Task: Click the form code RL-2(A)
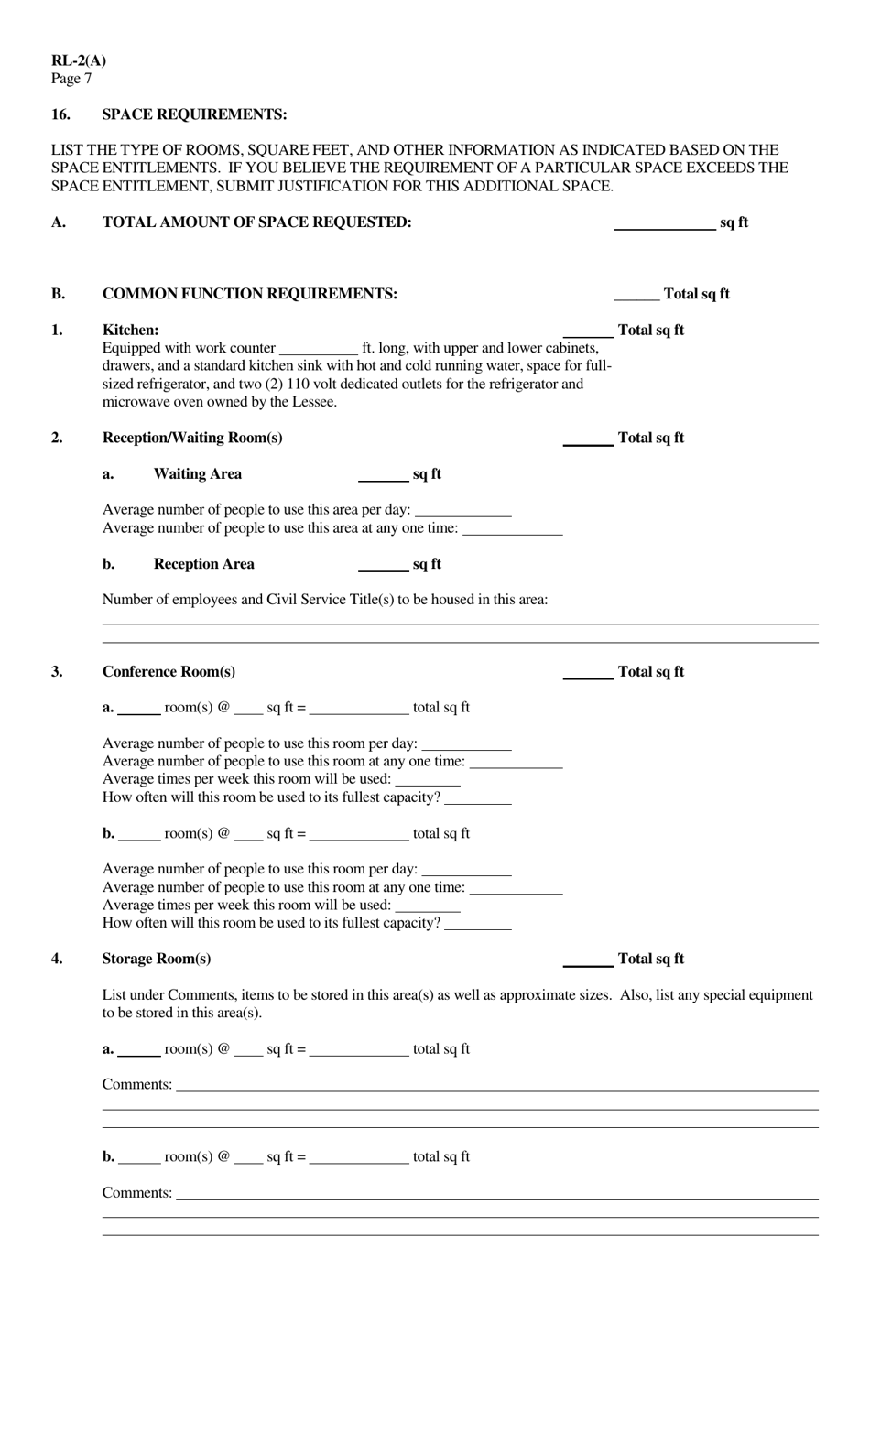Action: point(79,61)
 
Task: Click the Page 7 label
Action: point(71,79)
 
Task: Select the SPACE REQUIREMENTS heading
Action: point(194,114)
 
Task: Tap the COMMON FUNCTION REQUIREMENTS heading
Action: point(249,294)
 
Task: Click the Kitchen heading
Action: point(130,330)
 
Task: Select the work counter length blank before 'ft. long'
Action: point(318,350)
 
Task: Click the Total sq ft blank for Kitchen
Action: point(588,331)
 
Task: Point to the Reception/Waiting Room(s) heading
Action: point(192,438)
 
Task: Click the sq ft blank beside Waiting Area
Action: point(383,475)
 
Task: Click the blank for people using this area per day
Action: point(462,511)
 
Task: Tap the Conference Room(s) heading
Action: point(169,672)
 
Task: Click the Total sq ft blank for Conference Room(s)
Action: point(588,674)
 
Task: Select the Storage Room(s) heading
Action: point(157,959)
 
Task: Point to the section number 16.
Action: point(60,114)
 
